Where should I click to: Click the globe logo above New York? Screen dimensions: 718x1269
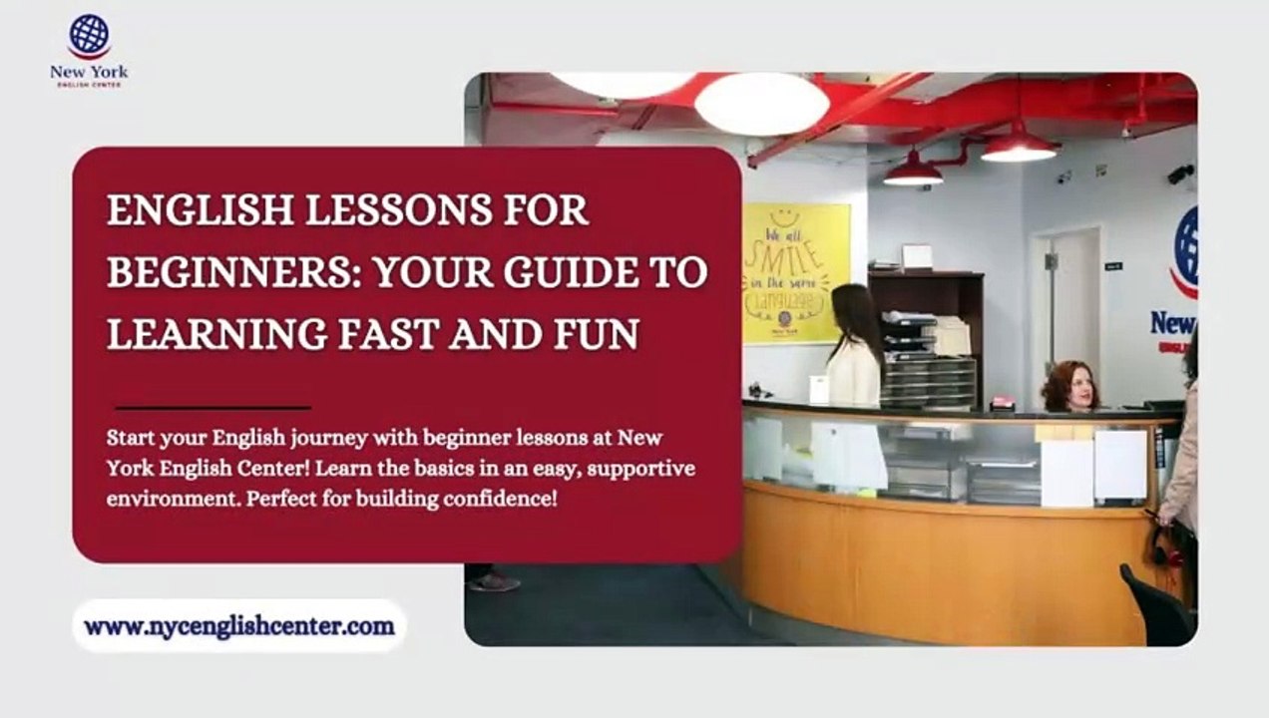coord(89,36)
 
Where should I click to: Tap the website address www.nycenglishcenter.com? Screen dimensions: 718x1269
coord(239,626)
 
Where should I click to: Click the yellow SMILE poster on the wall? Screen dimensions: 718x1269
coord(795,272)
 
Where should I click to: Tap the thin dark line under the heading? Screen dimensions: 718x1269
coord(212,407)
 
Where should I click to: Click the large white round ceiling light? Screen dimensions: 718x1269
coord(761,104)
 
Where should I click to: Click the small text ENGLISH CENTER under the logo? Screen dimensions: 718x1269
coord(89,85)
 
